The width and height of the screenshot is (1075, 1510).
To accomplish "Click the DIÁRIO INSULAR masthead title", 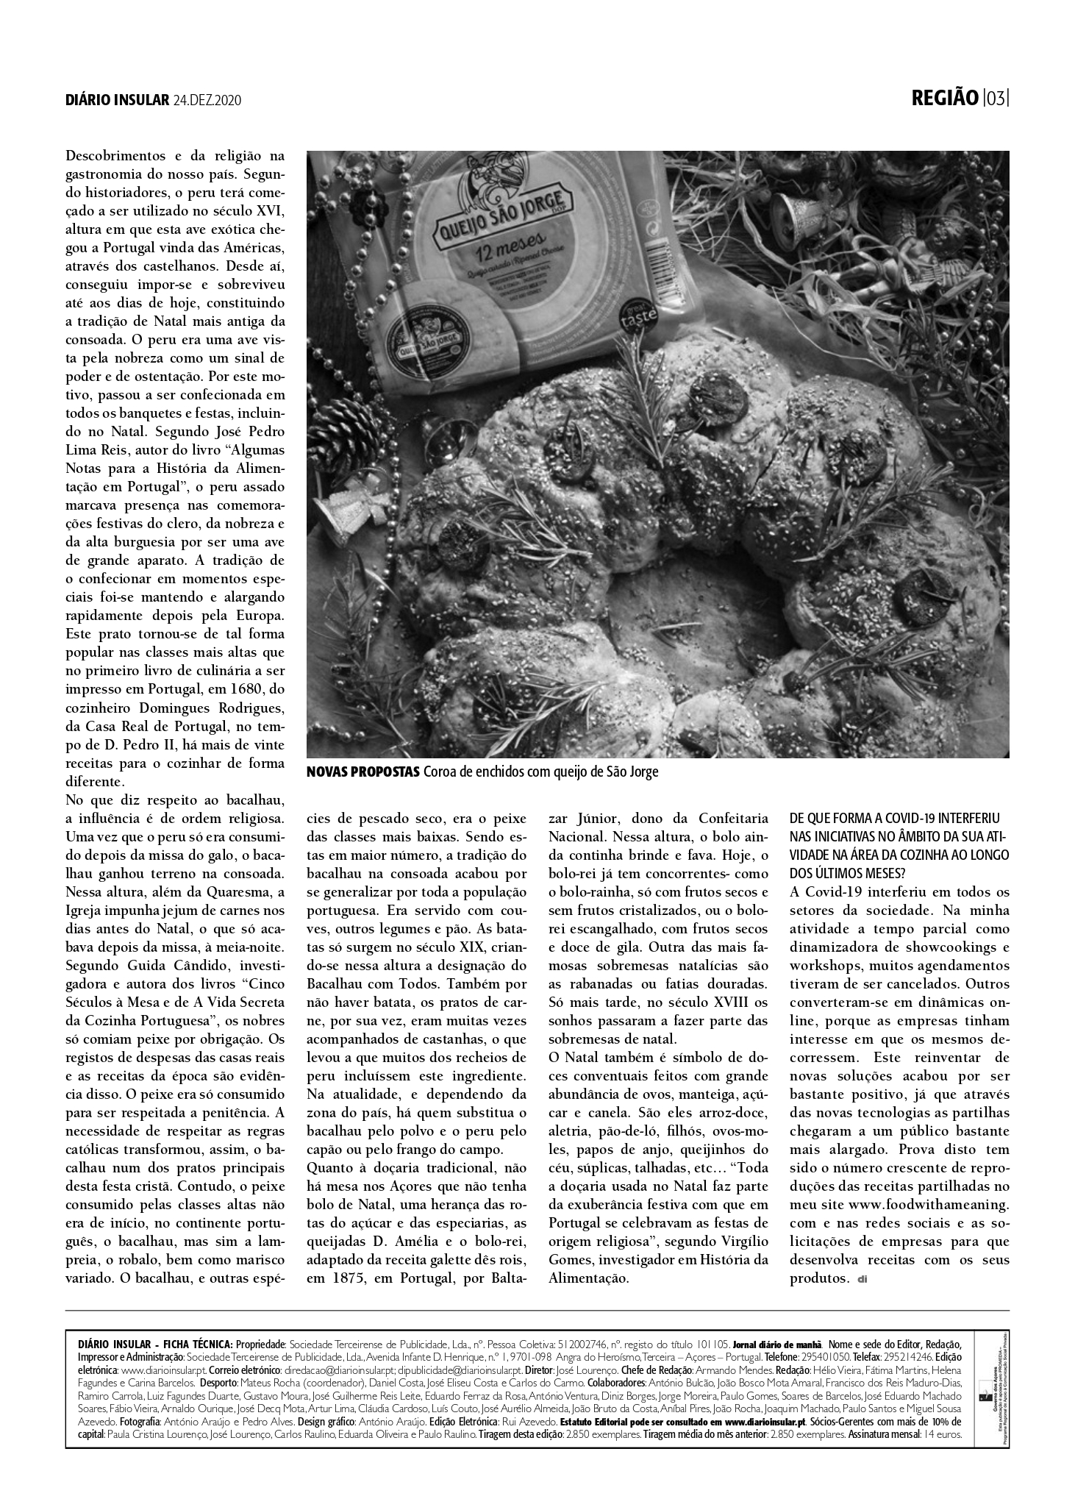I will pyautogui.click(x=117, y=100).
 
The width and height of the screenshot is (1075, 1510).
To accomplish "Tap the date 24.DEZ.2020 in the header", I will pyautogui.click(x=207, y=100).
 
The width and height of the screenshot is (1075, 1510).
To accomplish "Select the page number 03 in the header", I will pyautogui.click(x=996, y=98).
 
